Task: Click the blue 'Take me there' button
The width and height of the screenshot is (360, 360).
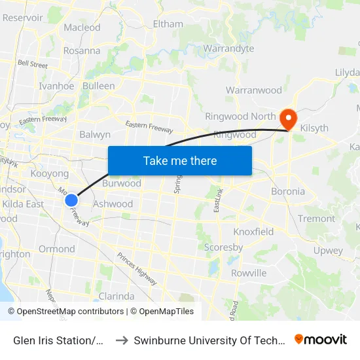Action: click(180, 160)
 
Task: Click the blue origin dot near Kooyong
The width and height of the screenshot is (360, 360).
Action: click(71, 200)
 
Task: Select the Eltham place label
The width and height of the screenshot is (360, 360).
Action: click(168, 24)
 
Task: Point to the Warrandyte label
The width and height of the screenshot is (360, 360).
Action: click(228, 48)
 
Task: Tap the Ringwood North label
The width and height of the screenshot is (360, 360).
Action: click(240, 117)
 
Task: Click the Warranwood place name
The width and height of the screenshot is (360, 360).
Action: click(253, 90)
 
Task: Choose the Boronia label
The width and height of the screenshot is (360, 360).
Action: click(288, 192)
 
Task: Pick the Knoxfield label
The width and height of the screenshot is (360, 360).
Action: click(253, 232)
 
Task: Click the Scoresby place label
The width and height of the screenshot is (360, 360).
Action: click(223, 247)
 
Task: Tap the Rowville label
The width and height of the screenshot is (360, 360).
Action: click(249, 273)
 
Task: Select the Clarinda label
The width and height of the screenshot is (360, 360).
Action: click(117, 296)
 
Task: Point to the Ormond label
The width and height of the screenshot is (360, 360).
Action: click(57, 249)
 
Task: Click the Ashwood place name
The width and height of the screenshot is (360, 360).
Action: click(113, 204)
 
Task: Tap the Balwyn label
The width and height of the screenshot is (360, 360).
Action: click(95, 134)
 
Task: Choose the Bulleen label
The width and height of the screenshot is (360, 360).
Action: click(98, 86)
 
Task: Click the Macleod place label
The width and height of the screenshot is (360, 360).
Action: click(82, 27)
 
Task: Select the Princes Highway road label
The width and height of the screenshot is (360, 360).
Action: click(137, 269)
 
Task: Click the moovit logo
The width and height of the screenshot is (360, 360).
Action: click(321, 339)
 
